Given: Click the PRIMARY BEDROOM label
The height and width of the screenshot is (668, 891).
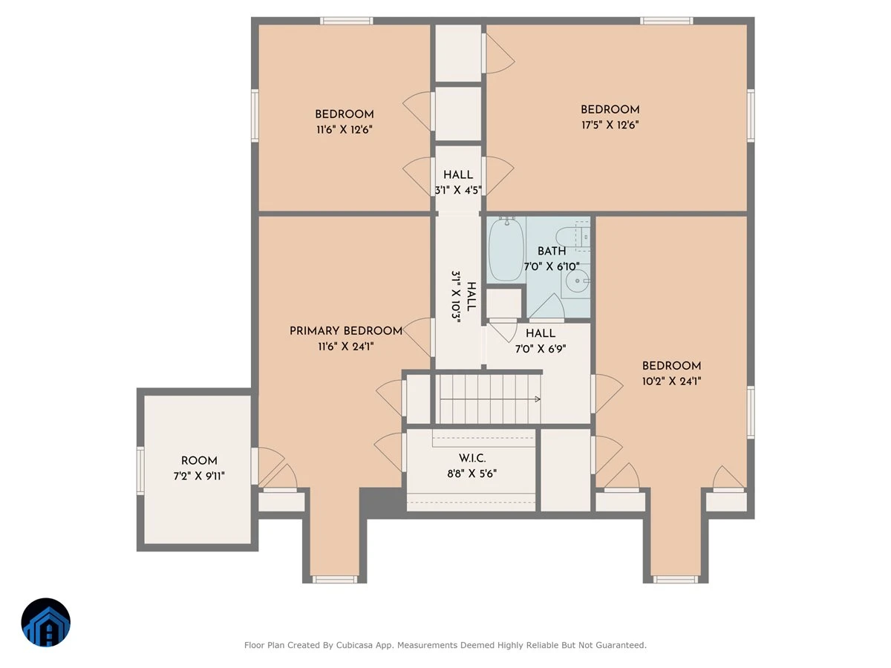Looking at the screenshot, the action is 345,331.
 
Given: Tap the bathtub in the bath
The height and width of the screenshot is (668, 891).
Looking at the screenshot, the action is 506,249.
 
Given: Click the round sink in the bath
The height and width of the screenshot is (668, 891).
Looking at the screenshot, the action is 577,281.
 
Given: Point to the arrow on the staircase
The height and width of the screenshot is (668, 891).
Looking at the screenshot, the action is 490,399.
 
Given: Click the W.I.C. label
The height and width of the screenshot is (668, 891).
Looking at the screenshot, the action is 472,458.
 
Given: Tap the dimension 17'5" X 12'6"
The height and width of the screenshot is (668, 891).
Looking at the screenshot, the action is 610,125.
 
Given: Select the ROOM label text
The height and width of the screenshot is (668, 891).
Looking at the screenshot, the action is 199,461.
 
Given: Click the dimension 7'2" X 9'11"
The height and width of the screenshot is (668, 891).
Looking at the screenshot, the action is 199,476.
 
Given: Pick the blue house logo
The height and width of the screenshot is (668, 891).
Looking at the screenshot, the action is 46,622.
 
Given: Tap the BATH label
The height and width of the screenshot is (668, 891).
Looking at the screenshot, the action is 552,251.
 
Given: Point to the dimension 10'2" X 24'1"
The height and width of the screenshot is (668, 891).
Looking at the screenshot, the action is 671,382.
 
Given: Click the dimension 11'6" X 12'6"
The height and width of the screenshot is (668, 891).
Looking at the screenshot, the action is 345,130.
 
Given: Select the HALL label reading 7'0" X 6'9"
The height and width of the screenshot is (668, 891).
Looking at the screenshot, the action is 541,333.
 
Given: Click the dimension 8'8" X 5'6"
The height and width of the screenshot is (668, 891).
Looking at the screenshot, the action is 471,474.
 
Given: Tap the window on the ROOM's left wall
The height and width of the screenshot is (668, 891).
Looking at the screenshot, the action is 140,471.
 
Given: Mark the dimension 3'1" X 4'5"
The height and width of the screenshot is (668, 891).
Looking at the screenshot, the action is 458,190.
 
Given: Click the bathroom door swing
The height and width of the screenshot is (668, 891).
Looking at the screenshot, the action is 546,307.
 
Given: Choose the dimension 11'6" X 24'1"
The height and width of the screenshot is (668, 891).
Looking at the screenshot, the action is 345,347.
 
